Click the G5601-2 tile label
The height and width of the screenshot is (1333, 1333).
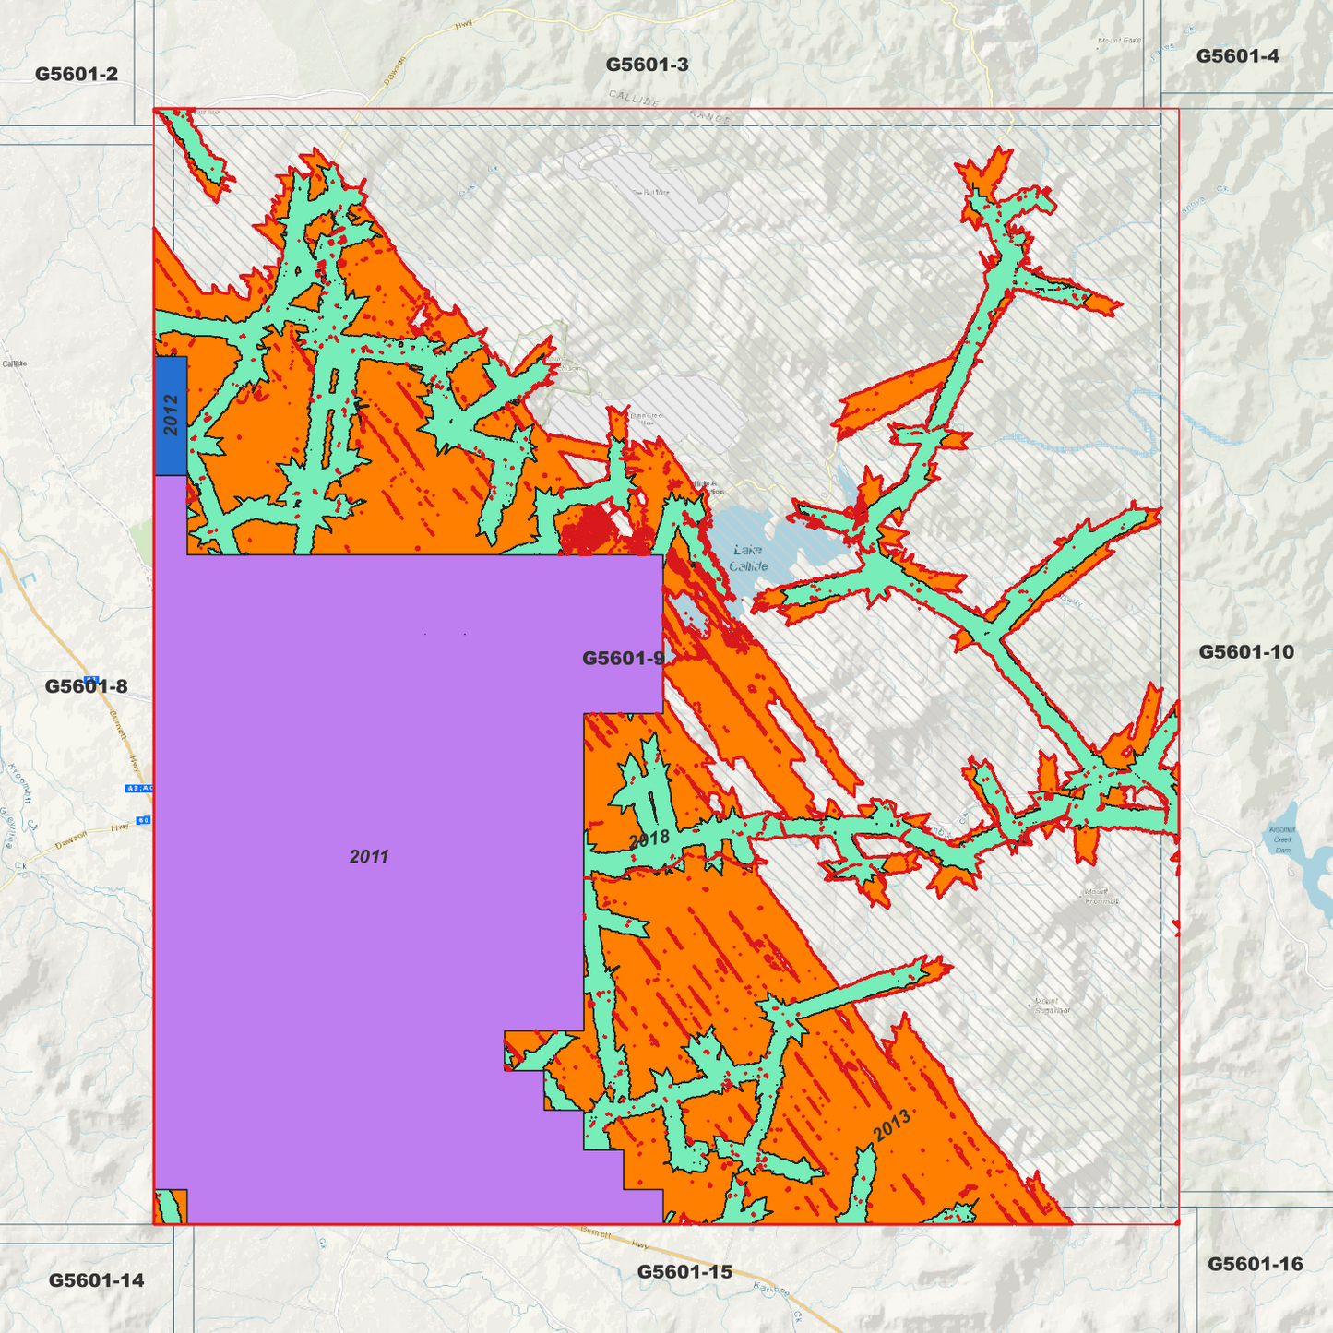click(77, 74)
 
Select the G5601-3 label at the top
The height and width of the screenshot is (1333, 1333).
click(647, 65)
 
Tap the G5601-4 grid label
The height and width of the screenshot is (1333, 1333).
click(1237, 56)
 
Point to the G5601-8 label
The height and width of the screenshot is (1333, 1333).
click(86, 686)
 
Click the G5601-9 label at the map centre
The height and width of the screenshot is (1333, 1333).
click(623, 658)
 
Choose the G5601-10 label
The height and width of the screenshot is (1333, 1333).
click(1245, 652)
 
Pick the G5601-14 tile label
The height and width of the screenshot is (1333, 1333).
click(96, 1279)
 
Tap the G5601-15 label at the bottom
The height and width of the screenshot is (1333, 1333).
click(684, 1271)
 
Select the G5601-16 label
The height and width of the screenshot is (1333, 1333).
click(1255, 1264)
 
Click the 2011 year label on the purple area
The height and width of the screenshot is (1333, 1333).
click(369, 857)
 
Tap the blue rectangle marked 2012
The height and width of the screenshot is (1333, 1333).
click(171, 415)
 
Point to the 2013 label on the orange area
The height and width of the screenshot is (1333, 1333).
click(891, 1125)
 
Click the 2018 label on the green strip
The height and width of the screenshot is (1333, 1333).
click(649, 839)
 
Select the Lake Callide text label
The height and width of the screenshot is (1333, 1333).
click(748, 558)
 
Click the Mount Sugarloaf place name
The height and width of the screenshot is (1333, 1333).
click(1051, 1006)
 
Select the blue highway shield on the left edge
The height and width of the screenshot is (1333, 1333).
click(138, 788)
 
